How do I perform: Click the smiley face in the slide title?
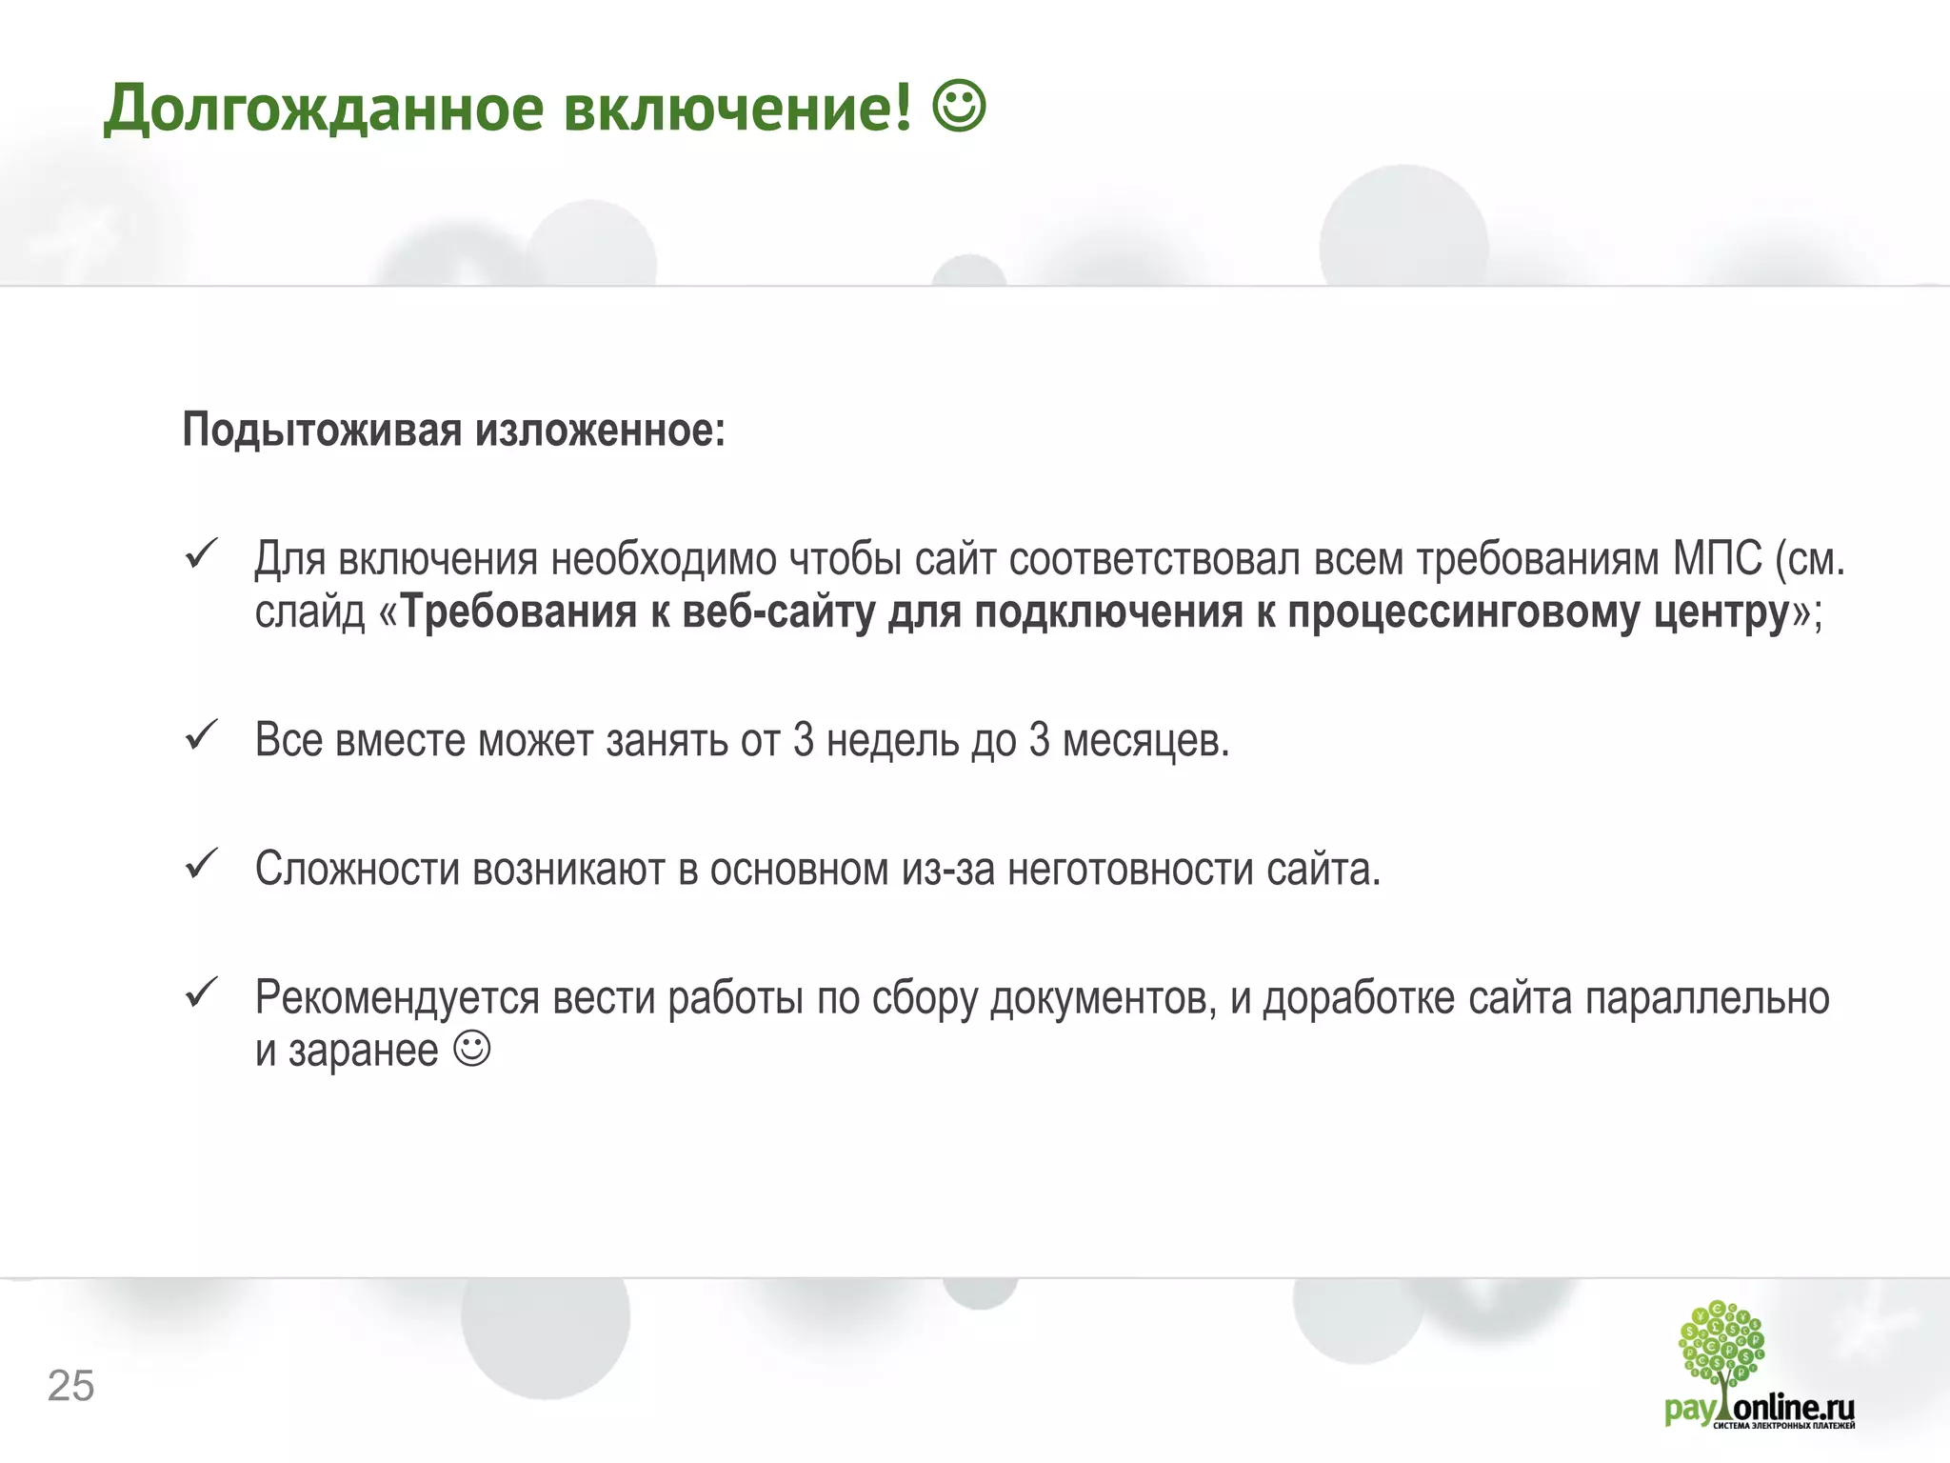pyautogui.click(x=959, y=107)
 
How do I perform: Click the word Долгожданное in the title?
pyautogui.click(x=324, y=109)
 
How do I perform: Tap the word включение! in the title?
pyautogui.click(x=738, y=109)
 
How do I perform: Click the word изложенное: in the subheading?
pyautogui.click(x=601, y=431)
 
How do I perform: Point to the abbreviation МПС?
pyautogui.click(x=1717, y=559)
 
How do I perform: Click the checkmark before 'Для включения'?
pyautogui.click(x=202, y=554)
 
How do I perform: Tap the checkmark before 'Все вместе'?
pyautogui.click(x=202, y=735)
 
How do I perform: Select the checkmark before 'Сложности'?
pyautogui.click(x=202, y=864)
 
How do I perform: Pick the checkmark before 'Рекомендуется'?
pyautogui.click(x=202, y=993)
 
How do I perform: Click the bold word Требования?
pyautogui.click(x=519, y=612)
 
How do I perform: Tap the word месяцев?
pyautogui.click(x=1145, y=741)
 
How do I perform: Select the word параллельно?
pyautogui.click(x=1706, y=998)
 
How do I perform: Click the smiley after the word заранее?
pyautogui.click(x=472, y=1049)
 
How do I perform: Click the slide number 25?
pyautogui.click(x=70, y=1386)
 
